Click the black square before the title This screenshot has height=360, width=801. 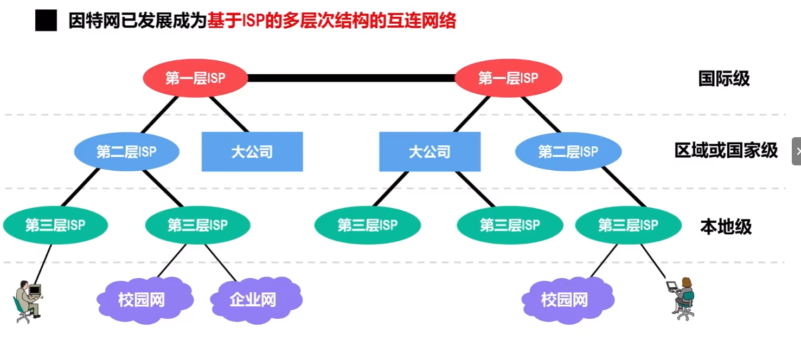click(x=46, y=21)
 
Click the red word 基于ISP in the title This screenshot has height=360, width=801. click(x=239, y=21)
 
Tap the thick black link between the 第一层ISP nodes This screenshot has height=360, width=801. click(x=351, y=78)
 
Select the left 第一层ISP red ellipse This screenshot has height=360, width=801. click(x=195, y=78)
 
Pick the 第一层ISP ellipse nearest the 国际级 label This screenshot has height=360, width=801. click(x=508, y=78)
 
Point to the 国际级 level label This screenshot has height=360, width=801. click(x=723, y=79)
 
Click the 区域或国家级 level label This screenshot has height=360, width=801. click(x=726, y=150)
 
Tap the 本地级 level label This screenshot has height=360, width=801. click(x=726, y=227)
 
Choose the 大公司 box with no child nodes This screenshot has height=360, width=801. click(x=252, y=152)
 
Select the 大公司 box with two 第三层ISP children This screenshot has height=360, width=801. click(x=430, y=152)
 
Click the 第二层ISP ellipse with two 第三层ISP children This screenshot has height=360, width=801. click(x=126, y=152)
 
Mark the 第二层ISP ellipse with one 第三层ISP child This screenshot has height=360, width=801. click(x=568, y=152)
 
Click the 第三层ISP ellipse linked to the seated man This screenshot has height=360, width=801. click(x=55, y=224)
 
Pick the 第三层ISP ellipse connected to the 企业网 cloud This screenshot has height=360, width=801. click(x=197, y=224)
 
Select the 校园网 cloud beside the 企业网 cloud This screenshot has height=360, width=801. click(x=142, y=299)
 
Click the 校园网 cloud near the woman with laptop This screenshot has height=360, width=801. click(x=565, y=299)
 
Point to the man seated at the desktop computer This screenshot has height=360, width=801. click(x=28, y=301)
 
